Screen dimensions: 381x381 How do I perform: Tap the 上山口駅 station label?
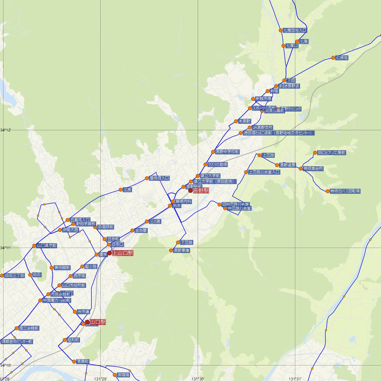122,253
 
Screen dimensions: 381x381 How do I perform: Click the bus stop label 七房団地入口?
295,30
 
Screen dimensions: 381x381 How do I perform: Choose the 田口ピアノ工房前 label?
331,153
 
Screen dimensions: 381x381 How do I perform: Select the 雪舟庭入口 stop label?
159,178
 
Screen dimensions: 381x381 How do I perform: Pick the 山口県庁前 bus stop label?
47,246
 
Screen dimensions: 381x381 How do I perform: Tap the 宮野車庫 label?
182,251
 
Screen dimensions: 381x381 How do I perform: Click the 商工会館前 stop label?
29,328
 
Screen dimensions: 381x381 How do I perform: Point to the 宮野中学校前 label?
227,152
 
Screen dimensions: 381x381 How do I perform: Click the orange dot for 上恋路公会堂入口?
246,172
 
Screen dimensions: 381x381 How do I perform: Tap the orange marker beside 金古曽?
132,231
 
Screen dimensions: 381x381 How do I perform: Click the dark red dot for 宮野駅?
190,191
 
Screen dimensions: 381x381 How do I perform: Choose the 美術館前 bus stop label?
62,268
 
